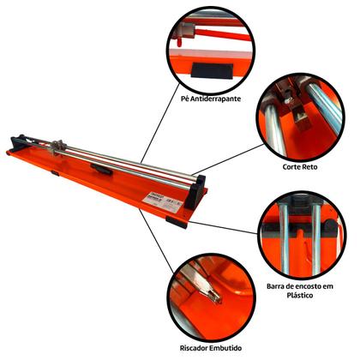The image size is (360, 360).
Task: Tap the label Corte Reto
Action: pos(300,166)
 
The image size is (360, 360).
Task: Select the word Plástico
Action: pos(300,295)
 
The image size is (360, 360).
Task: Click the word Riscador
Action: pos(194,348)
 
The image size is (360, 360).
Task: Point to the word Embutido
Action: pos(225,348)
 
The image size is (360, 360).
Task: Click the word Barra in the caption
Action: pos(275,286)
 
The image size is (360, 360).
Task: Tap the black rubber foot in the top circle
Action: pos(212,70)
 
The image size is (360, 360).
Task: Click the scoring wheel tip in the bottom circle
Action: pos(216,297)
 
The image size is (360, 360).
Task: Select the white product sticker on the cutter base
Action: pos(163,201)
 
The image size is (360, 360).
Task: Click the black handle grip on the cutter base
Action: pos(101,169)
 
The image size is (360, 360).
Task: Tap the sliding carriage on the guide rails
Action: pos(58,147)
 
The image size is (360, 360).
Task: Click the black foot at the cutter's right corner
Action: pos(177,222)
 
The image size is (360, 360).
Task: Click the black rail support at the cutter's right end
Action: pos(195,192)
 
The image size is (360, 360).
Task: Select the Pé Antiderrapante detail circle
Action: pos(211,49)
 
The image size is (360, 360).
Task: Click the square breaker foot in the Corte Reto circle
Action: pos(302,117)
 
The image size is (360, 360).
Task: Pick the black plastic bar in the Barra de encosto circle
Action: pos(300,228)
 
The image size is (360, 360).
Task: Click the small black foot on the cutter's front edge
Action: pos(55,173)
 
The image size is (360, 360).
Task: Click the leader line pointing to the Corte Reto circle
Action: pos(228,159)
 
